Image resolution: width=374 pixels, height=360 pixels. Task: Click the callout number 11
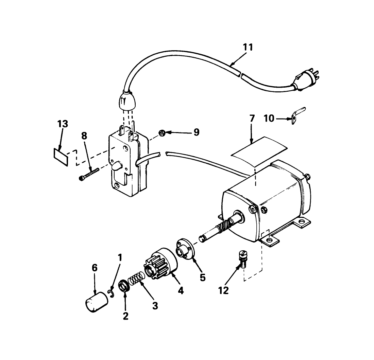[x=248, y=47]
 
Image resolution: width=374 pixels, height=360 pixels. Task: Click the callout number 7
[x=252, y=119]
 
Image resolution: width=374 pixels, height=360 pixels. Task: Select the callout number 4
[x=181, y=290]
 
